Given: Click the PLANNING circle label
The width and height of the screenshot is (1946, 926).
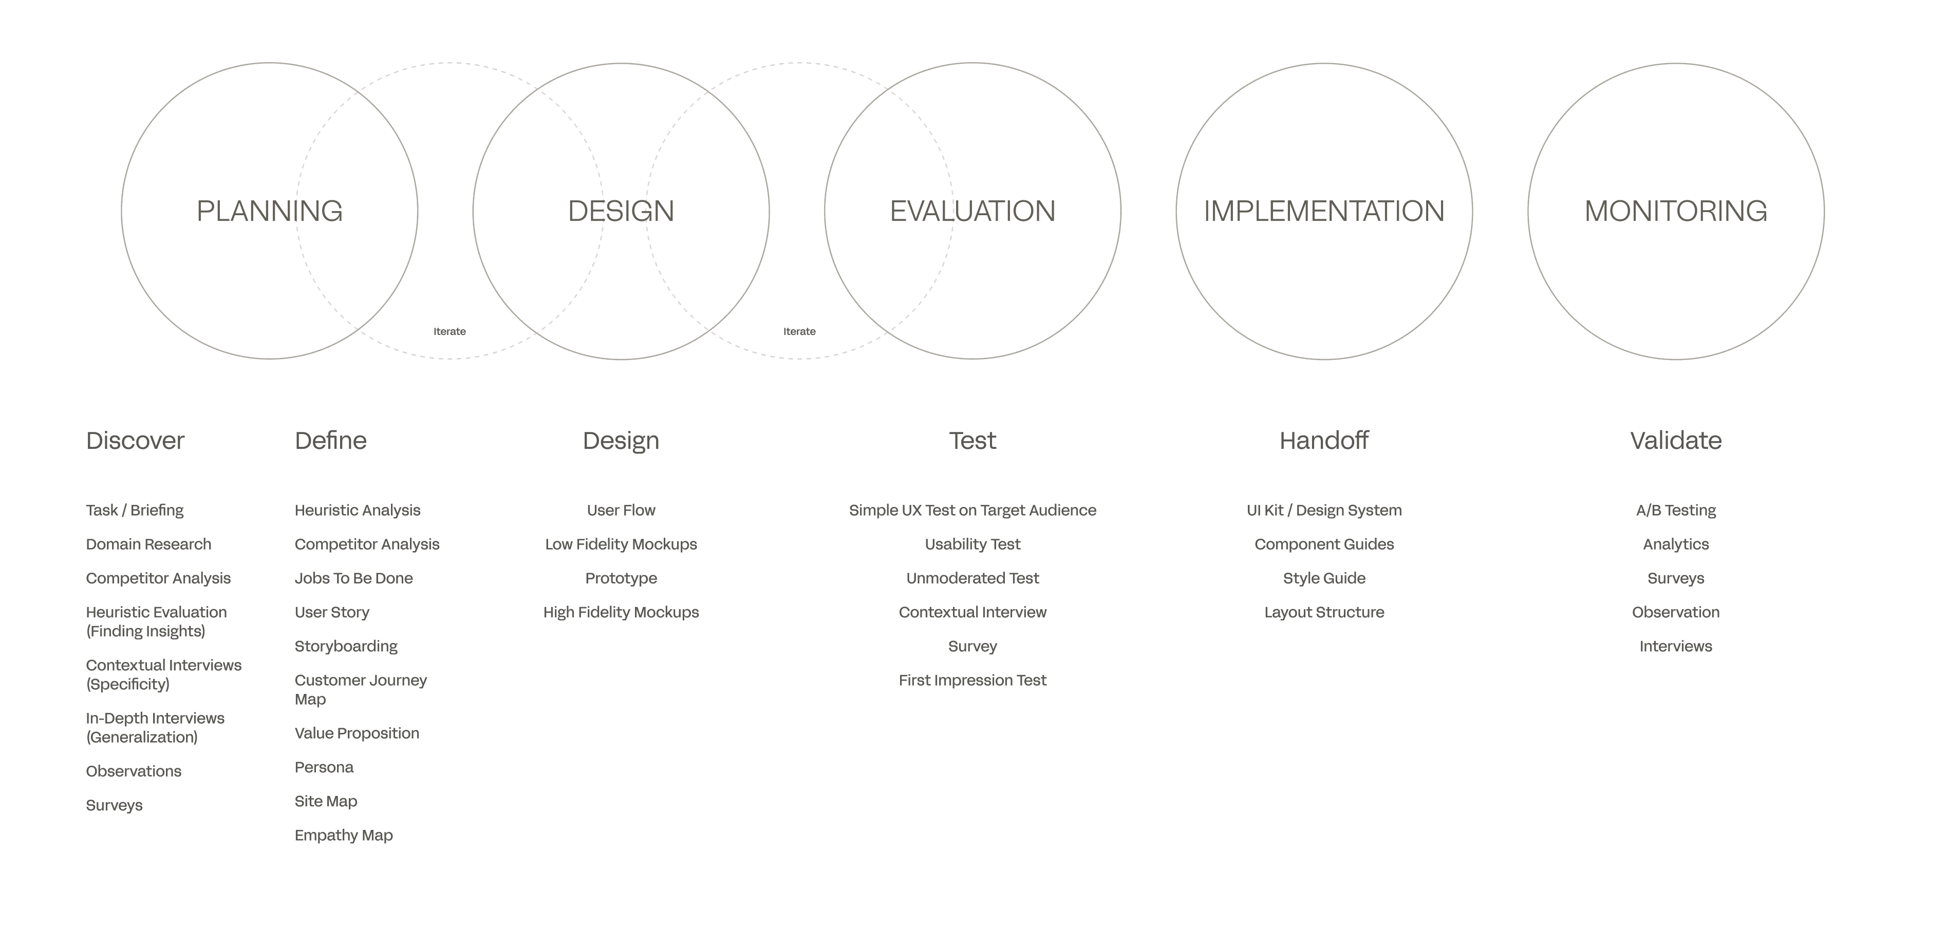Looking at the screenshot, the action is pos(270,211).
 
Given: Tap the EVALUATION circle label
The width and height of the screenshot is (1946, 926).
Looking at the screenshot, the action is pos(972,211).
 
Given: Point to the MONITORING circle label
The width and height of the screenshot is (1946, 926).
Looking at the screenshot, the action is pos(1676,211).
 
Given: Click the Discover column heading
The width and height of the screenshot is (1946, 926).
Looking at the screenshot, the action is pos(135,440).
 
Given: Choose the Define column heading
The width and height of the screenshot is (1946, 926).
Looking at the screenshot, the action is pos(331,440).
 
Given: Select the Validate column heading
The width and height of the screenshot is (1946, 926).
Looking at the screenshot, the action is pos(1676,440).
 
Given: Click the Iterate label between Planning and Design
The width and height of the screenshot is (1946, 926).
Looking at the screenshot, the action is pos(450,332).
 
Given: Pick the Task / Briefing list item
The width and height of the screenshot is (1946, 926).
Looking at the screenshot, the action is pos(135,511).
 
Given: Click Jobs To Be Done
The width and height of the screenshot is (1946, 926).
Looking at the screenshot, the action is pos(353,579).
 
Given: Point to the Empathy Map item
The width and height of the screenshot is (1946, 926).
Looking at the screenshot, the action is pos(344,836).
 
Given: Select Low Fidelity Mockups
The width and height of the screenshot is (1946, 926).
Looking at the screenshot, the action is pos(621,544).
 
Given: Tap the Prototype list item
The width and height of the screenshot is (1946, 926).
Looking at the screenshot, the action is pos(621,579).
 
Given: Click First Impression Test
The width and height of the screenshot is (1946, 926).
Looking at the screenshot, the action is pos(972,681).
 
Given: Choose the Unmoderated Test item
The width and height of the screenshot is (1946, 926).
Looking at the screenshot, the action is pos(972,579).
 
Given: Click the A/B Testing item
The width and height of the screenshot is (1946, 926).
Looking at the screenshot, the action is pos(1676,511).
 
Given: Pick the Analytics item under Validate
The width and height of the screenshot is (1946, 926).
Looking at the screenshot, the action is pos(1676,544).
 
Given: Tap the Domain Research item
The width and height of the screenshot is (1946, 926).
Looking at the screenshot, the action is pos(149,544).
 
